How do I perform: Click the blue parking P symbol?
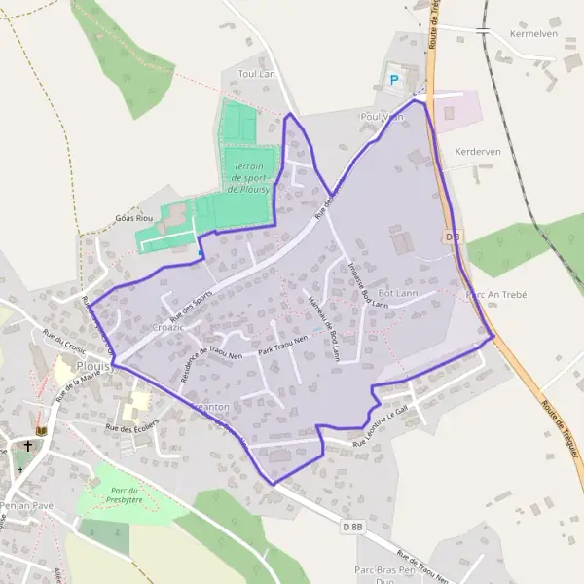[394, 79]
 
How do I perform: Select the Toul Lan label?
[258, 74]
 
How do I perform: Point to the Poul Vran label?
[382, 117]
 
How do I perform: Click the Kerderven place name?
[477, 153]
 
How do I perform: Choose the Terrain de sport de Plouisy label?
[249, 178]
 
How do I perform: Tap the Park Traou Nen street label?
[283, 344]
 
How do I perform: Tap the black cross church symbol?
[28, 447]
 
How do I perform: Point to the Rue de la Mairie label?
[78, 383]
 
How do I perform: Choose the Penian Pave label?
[26, 507]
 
